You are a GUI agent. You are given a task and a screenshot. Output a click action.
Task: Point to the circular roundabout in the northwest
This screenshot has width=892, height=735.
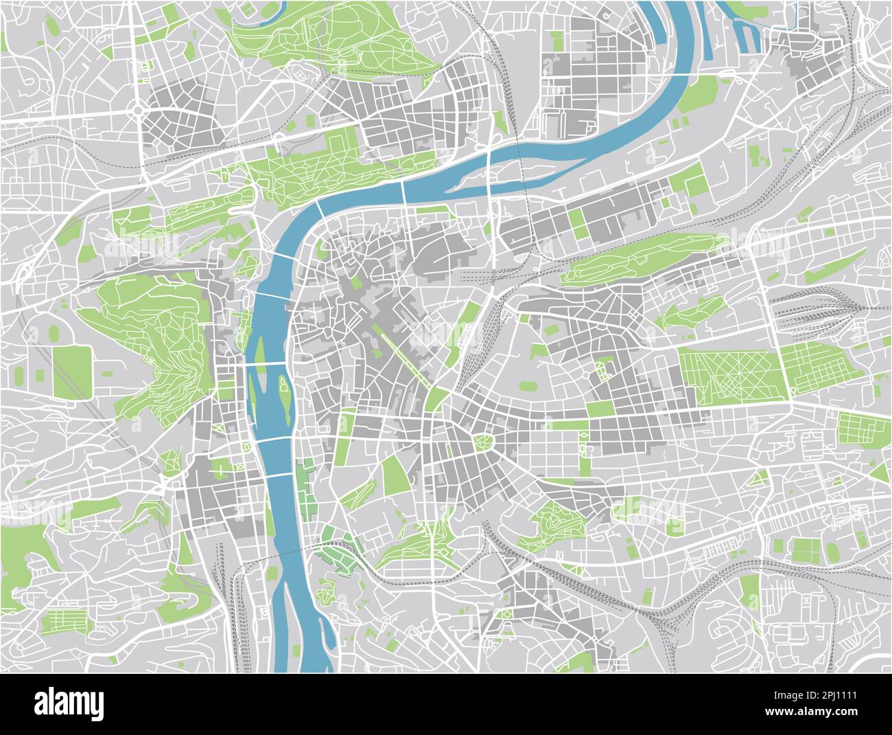[139, 110]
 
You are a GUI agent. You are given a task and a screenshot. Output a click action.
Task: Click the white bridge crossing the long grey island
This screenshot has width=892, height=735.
[488, 172]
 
